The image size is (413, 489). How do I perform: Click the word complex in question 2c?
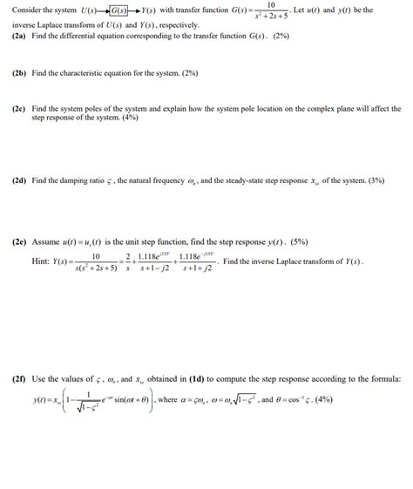(327, 111)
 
